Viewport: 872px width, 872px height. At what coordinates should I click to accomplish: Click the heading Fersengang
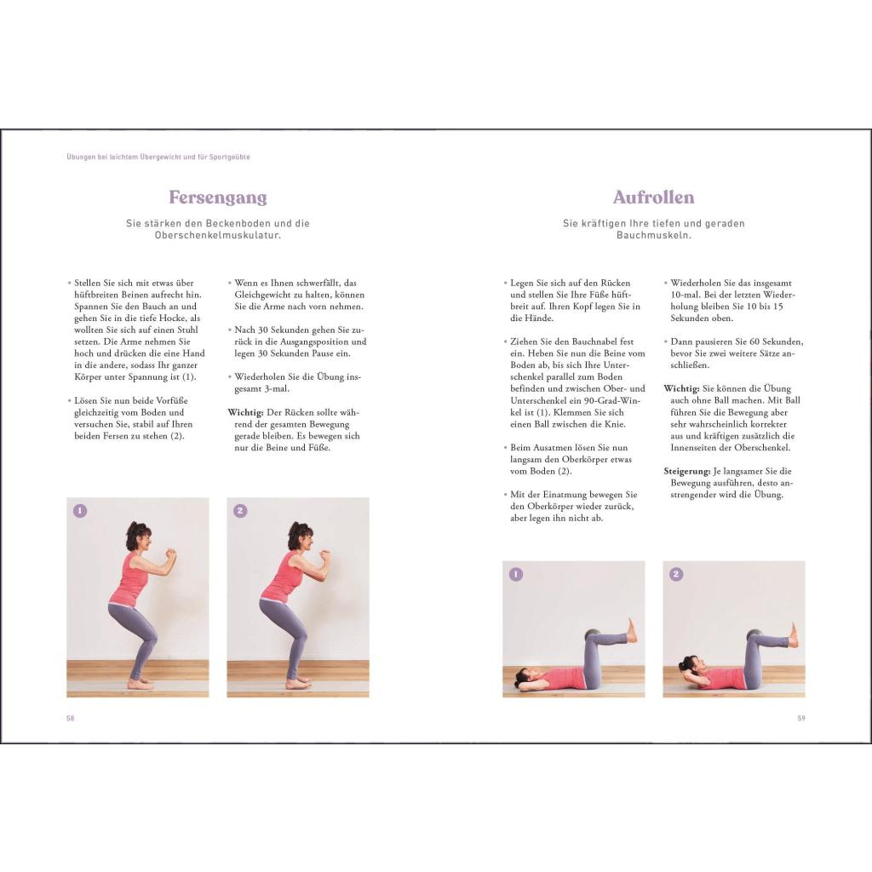coord(218,198)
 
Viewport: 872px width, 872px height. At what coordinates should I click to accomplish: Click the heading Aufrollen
coord(653,198)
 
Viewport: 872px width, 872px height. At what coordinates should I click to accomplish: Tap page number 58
coord(71,718)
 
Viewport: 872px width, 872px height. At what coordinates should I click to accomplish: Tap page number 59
coord(801,718)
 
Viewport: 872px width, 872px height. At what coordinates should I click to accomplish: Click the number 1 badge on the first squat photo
coord(80,511)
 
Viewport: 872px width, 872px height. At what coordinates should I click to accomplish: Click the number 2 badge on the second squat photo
coord(240,511)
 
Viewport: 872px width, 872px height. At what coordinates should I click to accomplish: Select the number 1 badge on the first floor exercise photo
coord(516,574)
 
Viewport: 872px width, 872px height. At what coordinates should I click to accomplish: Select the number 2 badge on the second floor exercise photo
coord(676,574)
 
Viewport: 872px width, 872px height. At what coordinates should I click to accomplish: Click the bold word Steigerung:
coord(686,471)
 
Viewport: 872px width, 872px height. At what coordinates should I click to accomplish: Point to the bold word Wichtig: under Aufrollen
coord(681,387)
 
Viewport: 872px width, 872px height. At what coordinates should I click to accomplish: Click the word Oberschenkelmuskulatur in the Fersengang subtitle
coord(218,235)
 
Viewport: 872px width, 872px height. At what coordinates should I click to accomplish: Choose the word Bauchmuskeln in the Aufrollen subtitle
coord(653,235)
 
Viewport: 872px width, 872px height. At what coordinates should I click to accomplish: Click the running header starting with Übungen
coord(158,157)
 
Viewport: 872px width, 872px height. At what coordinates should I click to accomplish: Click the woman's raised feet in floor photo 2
coord(792,634)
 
